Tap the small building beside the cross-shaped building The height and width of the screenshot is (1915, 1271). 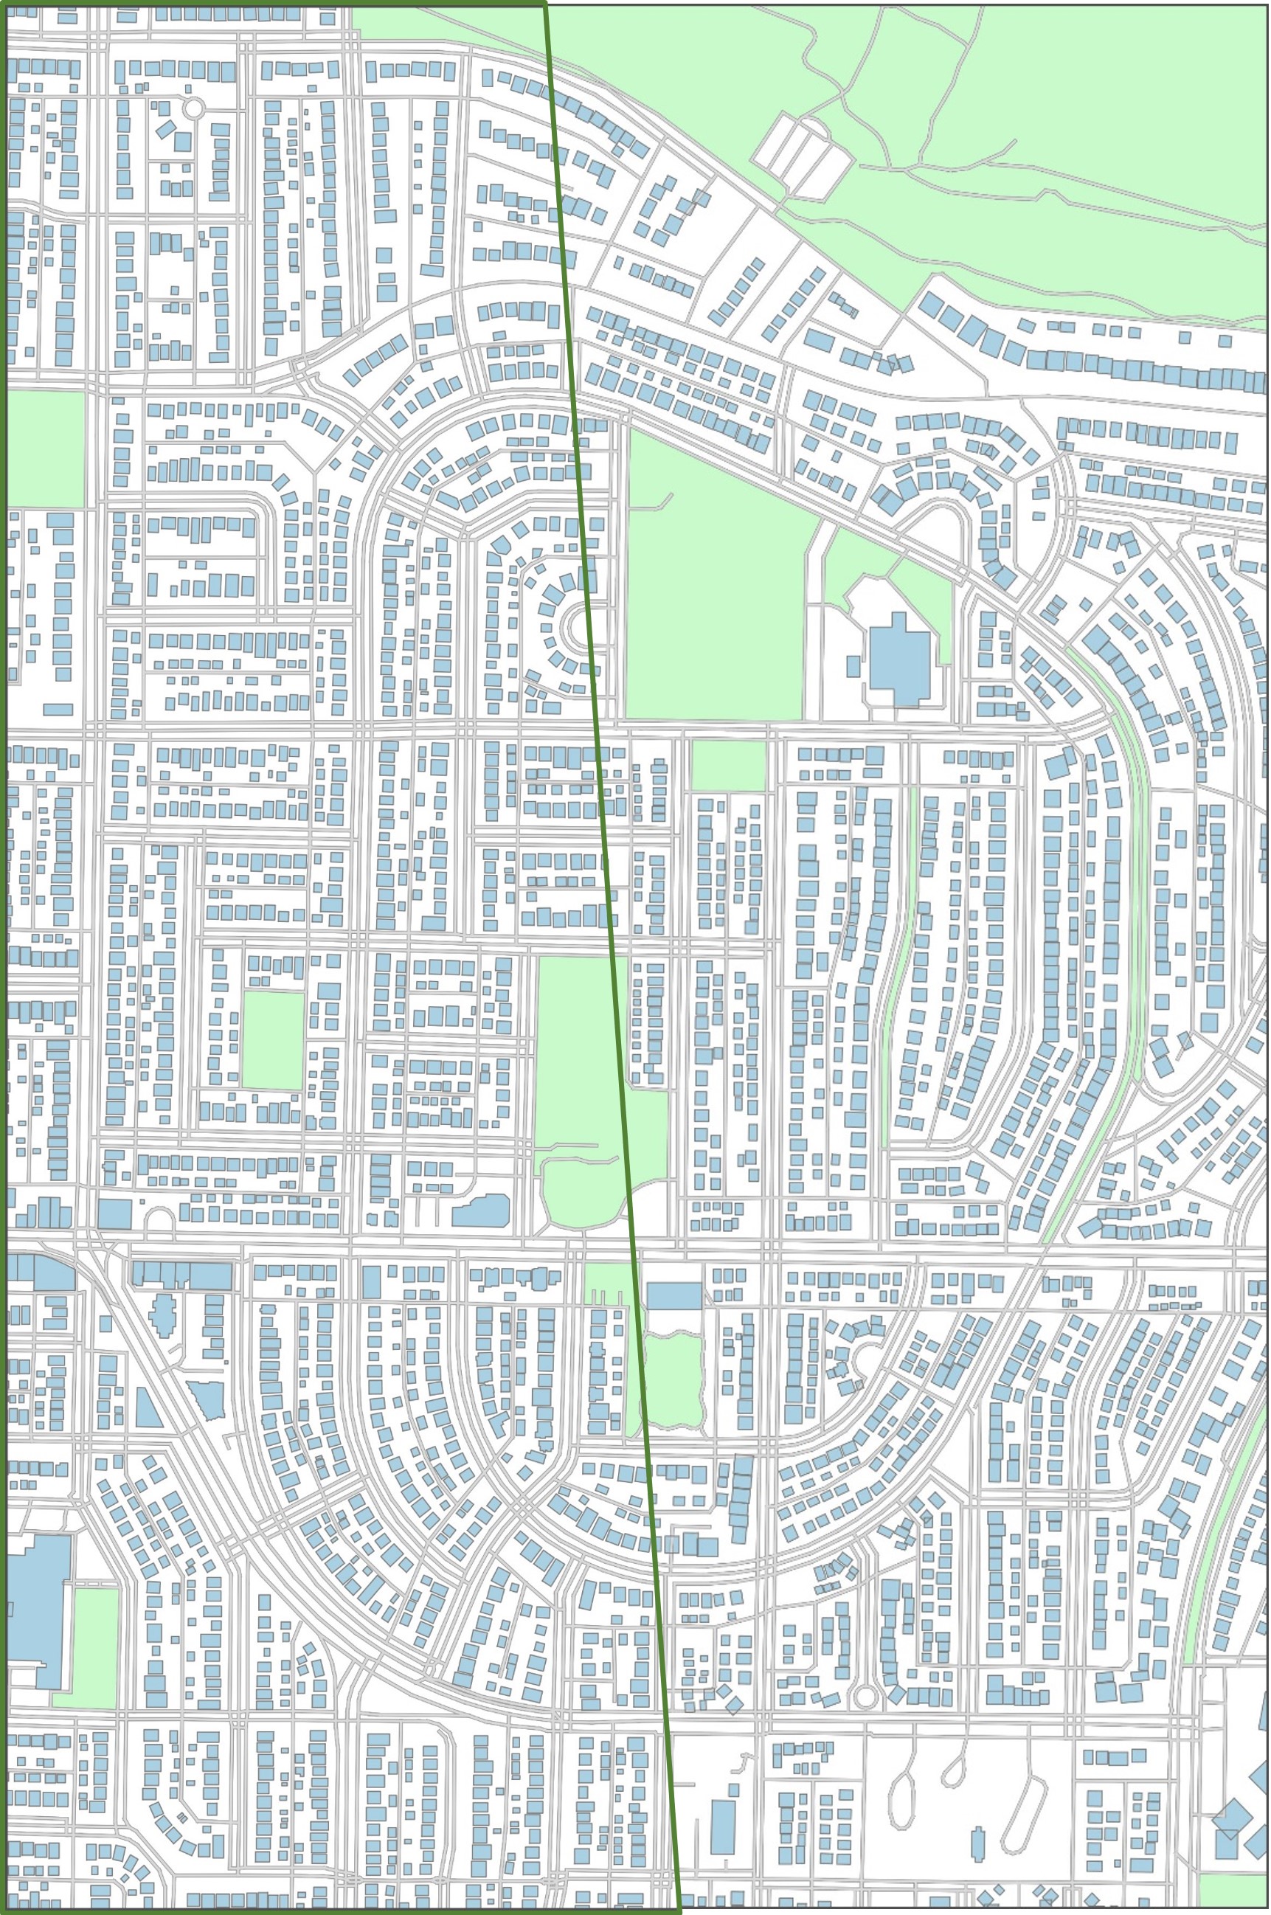(853, 666)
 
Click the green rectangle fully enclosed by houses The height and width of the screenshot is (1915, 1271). (273, 1040)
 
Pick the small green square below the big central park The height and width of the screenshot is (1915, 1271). (728, 766)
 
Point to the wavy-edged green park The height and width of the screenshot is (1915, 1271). (671, 1382)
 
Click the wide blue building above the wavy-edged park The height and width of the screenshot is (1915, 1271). (674, 1296)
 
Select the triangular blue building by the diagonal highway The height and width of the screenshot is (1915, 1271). (148, 1406)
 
